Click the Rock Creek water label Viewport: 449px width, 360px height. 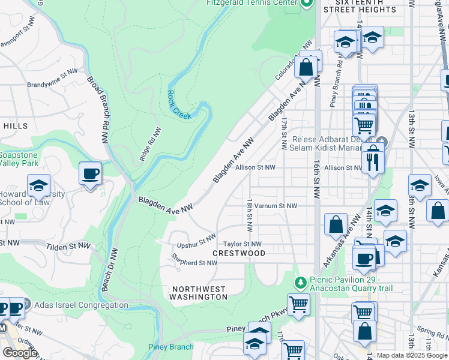[179, 104]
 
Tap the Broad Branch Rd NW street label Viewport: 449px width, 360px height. [100, 102]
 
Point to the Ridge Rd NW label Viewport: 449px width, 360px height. [150, 144]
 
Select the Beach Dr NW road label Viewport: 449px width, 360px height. [110, 270]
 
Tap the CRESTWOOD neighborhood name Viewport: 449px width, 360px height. [239, 254]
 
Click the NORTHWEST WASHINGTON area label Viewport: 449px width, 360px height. [198, 292]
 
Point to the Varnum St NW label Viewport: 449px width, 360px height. [276, 206]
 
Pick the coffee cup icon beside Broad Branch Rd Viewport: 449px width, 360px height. [90, 174]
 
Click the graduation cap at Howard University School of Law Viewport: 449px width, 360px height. [38, 186]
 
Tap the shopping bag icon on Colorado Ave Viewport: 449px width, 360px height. [306, 67]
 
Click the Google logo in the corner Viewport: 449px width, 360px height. [20, 353]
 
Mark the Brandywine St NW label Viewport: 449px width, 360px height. [53, 71]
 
